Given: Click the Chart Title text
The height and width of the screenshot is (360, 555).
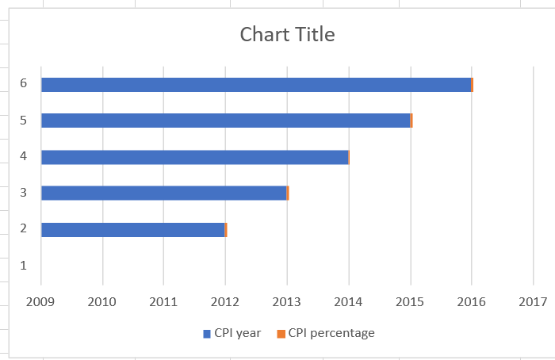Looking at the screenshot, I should point(287,35).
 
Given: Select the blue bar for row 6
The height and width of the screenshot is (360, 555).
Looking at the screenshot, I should point(255,85).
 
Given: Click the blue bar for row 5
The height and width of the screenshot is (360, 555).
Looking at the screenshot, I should point(225,121).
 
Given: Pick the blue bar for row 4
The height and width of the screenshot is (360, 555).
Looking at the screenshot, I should point(194,157).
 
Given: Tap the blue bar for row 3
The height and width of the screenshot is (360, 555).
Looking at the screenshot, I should point(163,193).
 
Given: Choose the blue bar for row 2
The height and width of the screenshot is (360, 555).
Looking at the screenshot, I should point(132,230).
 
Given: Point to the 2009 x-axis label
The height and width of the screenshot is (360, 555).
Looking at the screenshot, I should point(40,301).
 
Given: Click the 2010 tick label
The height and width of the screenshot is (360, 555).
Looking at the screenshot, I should point(102,301).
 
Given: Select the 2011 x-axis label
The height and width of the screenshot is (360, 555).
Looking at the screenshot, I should point(163,301).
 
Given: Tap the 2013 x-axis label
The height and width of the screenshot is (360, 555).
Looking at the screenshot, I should point(287,301).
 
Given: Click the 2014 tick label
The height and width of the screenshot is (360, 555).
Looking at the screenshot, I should point(349,301).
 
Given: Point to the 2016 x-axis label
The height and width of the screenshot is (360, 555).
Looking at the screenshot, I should point(472,301).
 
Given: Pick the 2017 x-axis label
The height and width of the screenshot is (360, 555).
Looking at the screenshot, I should point(533,301).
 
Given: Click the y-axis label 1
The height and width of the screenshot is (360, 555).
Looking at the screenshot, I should point(24,265).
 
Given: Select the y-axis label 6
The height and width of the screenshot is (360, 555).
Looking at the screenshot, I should point(24,83).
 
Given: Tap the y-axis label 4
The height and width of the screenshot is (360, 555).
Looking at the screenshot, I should point(24,155).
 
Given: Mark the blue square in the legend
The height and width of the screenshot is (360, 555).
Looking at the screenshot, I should point(207,334).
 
